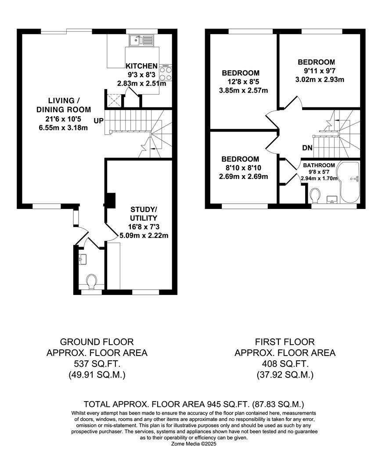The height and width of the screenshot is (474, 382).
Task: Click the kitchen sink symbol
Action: pyautogui.click(x=141, y=40)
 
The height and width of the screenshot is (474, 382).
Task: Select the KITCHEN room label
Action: pyautogui.click(x=141, y=66)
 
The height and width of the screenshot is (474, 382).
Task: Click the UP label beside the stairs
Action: pyautogui.click(x=99, y=120)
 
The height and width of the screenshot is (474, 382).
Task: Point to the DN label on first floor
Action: pyautogui.click(x=307, y=148)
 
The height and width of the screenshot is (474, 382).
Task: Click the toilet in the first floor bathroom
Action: pyautogui.click(x=315, y=194)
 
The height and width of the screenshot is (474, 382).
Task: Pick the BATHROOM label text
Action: pyautogui.click(x=319, y=165)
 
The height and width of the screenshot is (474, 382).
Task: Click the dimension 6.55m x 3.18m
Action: pyautogui.click(x=63, y=128)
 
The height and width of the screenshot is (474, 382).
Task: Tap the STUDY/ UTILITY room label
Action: pyautogui.click(x=143, y=213)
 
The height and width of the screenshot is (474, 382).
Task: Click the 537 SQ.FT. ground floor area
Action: pyautogui.click(x=97, y=364)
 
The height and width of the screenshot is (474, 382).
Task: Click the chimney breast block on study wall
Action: pyautogui.click(x=110, y=200)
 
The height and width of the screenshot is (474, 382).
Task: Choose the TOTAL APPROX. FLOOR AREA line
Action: pyautogui.click(x=194, y=404)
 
